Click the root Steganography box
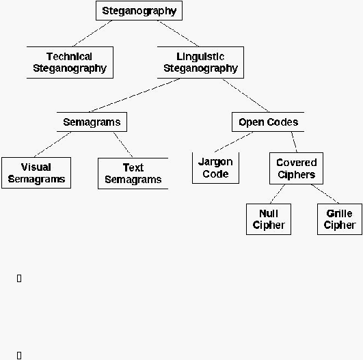click(139, 11)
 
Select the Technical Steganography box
click(70, 62)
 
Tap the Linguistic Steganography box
click(200, 62)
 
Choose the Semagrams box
click(92, 122)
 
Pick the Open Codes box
click(268, 122)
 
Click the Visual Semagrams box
click(36, 173)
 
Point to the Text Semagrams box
click(133, 174)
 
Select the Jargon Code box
click(216, 168)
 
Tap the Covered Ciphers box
click(296, 169)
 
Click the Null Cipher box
click(269, 219)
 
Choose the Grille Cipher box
click(340, 219)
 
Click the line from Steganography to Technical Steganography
click(92, 33)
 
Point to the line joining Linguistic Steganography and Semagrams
click(135, 96)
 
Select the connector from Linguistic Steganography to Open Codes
click(245, 96)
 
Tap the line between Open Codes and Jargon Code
click(234, 142)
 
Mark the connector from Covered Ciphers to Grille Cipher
click(325, 194)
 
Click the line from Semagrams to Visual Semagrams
click(53, 145)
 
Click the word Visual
click(36, 167)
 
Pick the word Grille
click(339, 213)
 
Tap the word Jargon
click(215, 162)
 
